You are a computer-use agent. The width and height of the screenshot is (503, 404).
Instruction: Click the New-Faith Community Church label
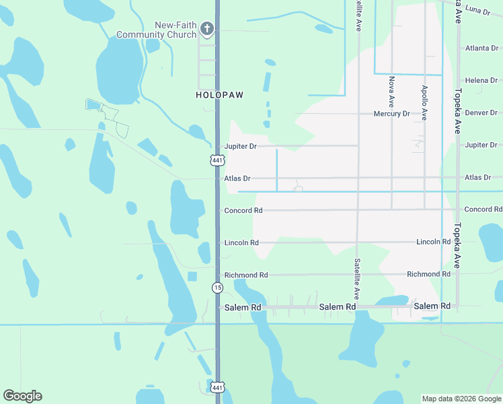(157, 30)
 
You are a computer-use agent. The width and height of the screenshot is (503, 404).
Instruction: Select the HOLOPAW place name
(219, 96)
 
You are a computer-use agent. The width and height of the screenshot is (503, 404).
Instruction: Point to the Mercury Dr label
(391, 114)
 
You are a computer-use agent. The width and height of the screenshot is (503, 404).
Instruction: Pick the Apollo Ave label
(424, 102)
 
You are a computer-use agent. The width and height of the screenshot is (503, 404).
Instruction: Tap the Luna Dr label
(477, 11)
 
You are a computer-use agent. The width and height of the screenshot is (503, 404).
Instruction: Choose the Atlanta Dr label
(482, 48)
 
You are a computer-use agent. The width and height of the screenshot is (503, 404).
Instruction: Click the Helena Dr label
(481, 81)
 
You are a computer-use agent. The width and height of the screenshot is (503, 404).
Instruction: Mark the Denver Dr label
(482, 112)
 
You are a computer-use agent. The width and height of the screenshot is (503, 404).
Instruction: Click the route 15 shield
(217, 288)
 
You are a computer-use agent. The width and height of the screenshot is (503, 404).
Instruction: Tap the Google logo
(22, 396)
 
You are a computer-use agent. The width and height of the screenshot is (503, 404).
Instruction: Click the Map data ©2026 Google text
(461, 399)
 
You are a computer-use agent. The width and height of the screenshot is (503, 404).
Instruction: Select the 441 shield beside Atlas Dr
(217, 160)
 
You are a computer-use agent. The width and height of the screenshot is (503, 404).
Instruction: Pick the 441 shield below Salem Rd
(217, 387)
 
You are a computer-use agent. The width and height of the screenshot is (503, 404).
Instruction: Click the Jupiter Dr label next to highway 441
(241, 146)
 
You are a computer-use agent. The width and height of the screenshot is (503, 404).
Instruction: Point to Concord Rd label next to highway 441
(243, 211)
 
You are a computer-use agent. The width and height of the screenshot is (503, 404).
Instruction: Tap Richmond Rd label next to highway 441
(246, 275)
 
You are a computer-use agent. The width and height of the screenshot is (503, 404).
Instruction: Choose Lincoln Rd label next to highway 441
(241, 242)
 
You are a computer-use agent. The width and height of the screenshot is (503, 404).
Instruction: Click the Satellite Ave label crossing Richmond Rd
(357, 279)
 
